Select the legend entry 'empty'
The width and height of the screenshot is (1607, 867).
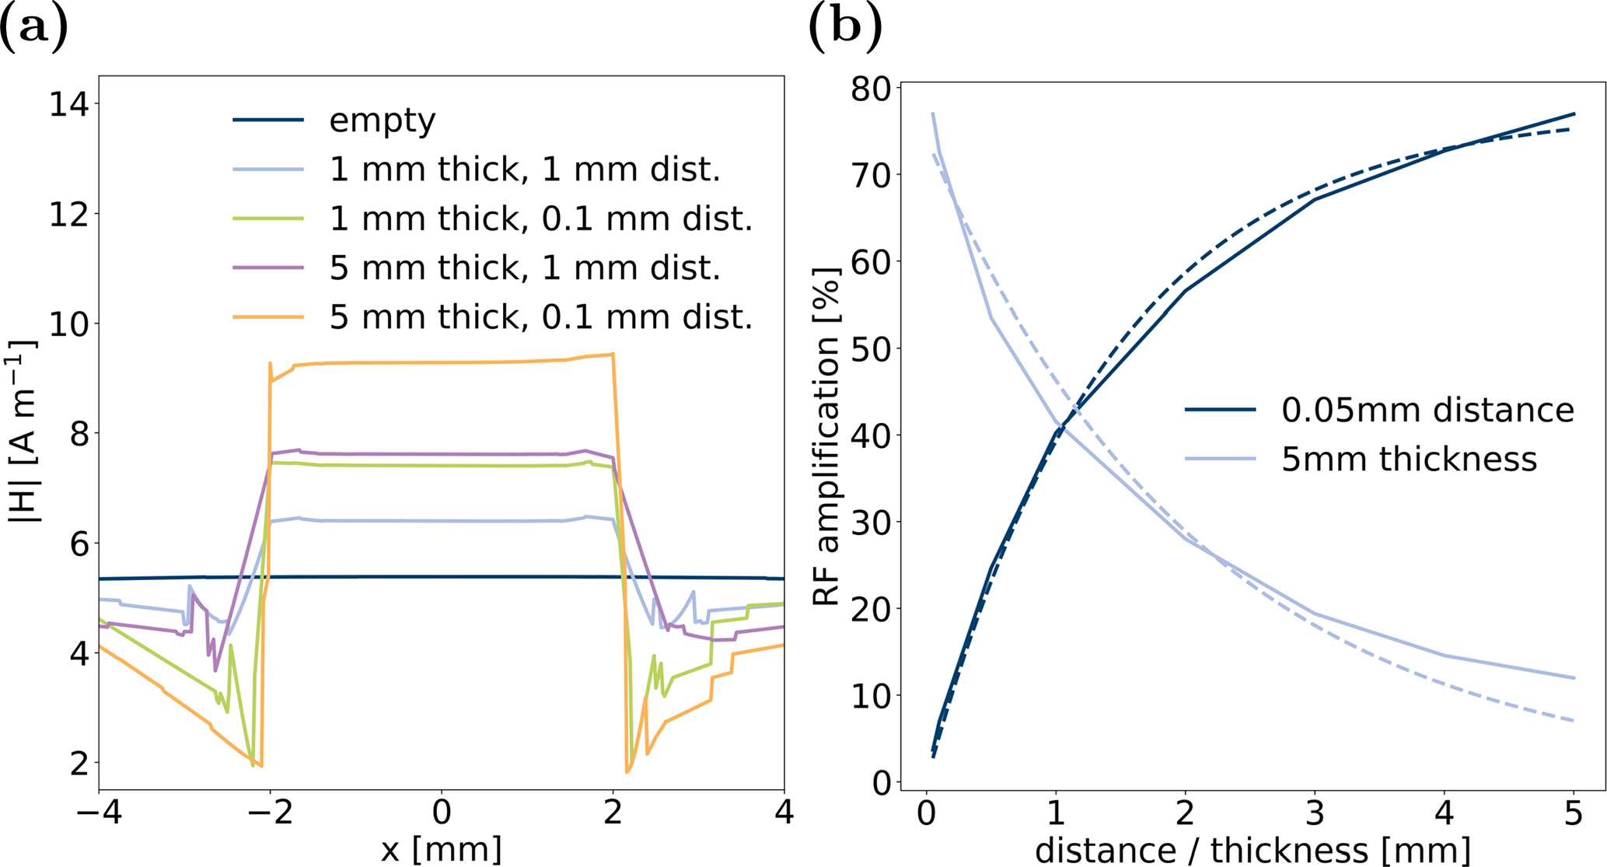point(382,121)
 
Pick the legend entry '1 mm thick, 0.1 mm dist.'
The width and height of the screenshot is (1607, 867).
point(540,218)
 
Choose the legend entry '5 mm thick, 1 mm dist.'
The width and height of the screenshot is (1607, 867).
point(525,267)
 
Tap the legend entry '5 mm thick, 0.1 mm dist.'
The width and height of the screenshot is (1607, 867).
point(540,316)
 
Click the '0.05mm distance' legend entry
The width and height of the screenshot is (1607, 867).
point(1427,410)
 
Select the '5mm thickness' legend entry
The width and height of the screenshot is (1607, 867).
point(1409,460)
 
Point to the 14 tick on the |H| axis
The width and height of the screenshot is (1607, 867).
point(68,104)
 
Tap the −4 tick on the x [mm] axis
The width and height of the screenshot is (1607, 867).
point(100,813)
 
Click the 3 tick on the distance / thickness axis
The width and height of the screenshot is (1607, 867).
point(1314,813)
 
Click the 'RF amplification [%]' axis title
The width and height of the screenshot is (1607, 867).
point(827,435)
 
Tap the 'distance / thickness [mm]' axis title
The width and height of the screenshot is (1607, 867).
point(1252,850)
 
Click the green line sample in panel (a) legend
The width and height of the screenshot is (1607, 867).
point(268,219)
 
